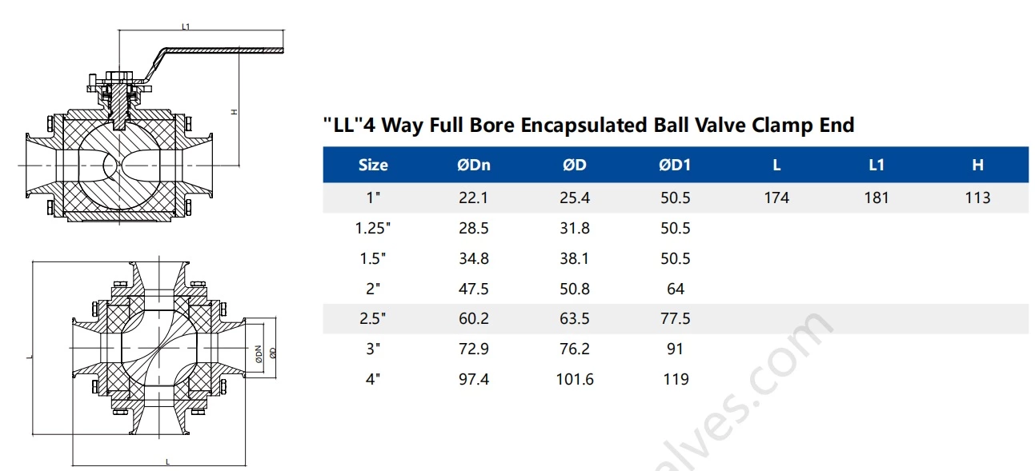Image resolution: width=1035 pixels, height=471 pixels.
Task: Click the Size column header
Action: point(373,166)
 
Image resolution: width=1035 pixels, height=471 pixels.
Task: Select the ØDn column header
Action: point(473,166)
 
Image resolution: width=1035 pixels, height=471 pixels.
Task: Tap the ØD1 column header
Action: point(675,166)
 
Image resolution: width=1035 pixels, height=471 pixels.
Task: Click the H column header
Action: point(977,166)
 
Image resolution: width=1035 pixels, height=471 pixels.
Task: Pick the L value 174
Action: point(776,198)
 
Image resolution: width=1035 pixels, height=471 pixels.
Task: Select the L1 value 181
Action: point(877,198)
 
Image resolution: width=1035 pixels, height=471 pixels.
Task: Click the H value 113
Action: point(977,198)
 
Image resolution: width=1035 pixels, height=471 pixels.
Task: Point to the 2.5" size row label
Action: point(373,319)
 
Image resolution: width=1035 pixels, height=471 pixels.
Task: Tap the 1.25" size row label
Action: point(373,229)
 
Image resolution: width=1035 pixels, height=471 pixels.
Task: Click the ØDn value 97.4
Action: point(473,379)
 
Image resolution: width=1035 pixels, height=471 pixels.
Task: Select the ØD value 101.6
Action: point(575,379)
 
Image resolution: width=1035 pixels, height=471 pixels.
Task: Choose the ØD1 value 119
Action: point(676,379)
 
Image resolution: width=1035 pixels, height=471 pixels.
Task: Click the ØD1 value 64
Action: point(676,289)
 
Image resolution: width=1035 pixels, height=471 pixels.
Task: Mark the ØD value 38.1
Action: point(575,259)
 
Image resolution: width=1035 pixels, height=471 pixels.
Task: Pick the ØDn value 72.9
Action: point(473,349)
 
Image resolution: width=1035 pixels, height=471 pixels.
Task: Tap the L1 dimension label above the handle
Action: point(186,26)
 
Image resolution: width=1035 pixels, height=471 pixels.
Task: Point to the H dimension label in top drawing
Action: point(234,112)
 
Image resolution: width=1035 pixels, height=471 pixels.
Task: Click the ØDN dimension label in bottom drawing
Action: point(259,353)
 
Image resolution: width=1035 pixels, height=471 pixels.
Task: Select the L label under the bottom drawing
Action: point(166,461)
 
